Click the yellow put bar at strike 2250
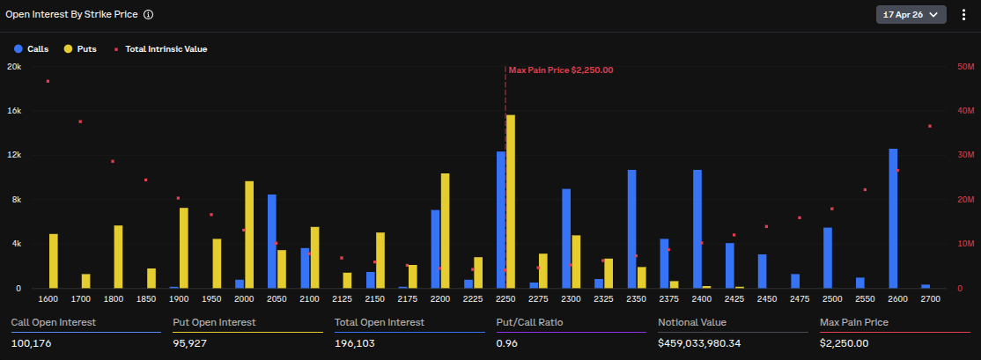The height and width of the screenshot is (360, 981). tap(511, 202)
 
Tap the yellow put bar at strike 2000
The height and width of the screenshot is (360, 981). tap(249, 234)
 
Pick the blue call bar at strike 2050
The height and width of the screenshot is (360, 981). tap(272, 241)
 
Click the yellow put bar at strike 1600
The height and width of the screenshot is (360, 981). tap(54, 261)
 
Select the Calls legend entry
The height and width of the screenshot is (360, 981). tap(32, 49)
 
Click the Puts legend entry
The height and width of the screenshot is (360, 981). tap(80, 49)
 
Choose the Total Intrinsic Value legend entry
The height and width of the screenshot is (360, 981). tap(160, 49)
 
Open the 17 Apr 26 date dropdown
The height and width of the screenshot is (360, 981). tap(911, 15)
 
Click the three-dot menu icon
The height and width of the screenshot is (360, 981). tap(963, 15)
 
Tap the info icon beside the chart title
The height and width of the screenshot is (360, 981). tap(148, 15)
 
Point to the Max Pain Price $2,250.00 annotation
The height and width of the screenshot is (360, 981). tap(560, 70)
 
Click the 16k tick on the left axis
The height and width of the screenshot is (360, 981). tap(14, 111)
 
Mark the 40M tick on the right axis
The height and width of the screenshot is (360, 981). tap(965, 111)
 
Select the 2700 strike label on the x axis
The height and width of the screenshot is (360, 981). tap(929, 299)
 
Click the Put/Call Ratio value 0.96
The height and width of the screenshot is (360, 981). tap(506, 343)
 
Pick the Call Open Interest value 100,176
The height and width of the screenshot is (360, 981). tap(31, 343)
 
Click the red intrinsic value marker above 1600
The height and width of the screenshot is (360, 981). tap(48, 81)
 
